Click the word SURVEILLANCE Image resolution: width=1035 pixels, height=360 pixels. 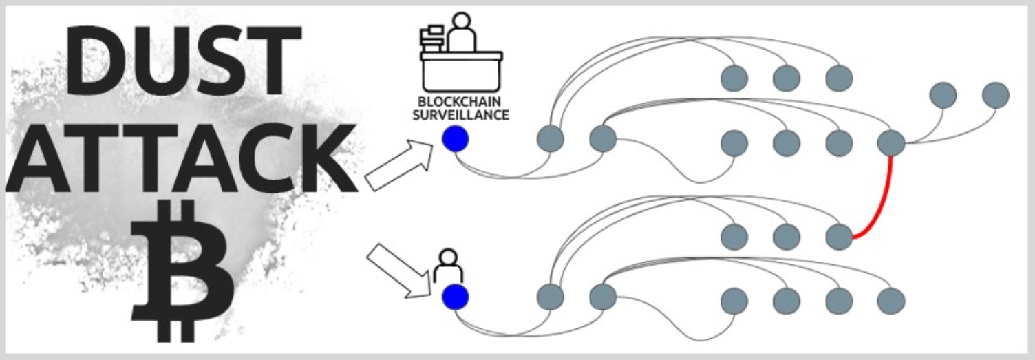click(x=460, y=115)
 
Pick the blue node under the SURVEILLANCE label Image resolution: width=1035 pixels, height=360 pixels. click(x=455, y=140)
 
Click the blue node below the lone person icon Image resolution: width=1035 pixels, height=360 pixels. click(x=455, y=297)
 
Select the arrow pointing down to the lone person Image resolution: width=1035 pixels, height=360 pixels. click(x=399, y=271)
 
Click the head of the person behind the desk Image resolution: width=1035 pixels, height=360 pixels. click(x=462, y=20)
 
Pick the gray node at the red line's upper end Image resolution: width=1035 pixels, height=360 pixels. click(x=891, y=142)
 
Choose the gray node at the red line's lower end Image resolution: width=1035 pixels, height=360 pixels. click(x=839, y=237)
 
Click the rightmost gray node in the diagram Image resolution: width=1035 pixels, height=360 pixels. click(x=995, y=95)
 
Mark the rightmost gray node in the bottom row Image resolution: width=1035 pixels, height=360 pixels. click(x=891, y=301)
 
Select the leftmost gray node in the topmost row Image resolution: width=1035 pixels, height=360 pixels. click(x=734, y=78)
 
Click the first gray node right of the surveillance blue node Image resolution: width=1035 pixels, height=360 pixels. click(x=550, y=139)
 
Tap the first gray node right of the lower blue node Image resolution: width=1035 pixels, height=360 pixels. click(x=550, y=297)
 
